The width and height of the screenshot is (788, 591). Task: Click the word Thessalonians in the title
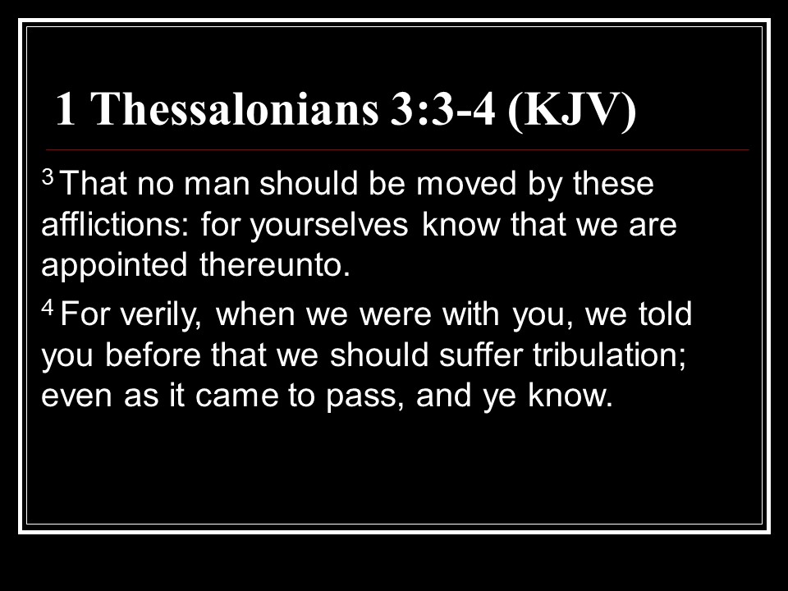[x=236, y=108]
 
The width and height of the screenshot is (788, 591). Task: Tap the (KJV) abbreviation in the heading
[x=572, y=111]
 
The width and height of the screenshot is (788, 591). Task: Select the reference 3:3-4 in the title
[x=442, y=108]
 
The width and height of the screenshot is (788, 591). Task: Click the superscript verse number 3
[x=48, y=177]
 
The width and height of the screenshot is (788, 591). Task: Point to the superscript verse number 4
[x=48, y=307]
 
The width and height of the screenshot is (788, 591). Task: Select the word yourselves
[x=329, y=226]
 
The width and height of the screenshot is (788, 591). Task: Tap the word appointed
[x=114, y=266]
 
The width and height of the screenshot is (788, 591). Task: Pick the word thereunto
[x=275, y=264]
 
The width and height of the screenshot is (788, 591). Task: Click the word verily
[x=161, y=315]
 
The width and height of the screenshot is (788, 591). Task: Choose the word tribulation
[x=610, y=355]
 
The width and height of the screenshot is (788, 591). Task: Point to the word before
[x=153, y=355]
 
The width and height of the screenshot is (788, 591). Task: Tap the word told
[x=666, y=314]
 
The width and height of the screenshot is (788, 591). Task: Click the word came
[x=236, y=396]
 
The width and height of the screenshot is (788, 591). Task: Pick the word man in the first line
[x=217, y=185]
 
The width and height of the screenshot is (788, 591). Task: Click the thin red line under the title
[x=397, y=149]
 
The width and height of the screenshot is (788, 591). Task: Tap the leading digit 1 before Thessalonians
[x=66, y=108]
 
